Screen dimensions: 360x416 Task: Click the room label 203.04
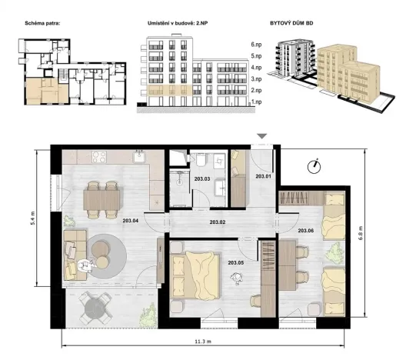[x=131, y=220]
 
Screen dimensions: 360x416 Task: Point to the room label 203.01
[x=264, y=177]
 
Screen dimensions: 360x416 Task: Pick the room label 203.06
[x=305, y=229]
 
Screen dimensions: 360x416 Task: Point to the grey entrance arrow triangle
[x=261, y=137]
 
